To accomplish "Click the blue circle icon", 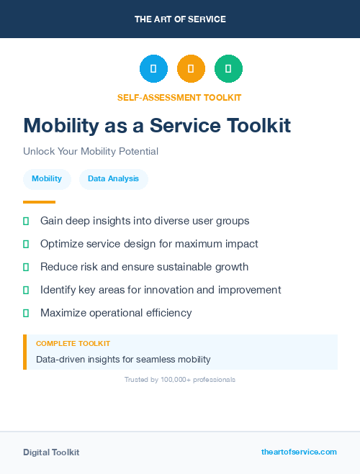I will [x=153, y=69].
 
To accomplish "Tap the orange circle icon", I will [x=191, y=69].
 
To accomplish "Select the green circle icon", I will [x=228, y=69].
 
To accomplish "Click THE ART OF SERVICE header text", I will [x=180, y=19].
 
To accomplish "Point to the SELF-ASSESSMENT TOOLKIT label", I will [x=179, y=97].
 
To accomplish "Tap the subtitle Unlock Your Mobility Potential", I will [x=91, y=152].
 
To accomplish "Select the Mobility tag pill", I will [x=47, y=179].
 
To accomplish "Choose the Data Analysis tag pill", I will [x=113, y=179].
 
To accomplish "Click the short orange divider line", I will [x=39, y=202].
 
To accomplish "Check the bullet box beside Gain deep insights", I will [x=26, y=221].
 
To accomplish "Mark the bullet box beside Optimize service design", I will [x=26, y=244].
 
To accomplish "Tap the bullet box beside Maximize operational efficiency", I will [x=26, y=313].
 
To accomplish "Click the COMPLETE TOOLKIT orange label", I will [x=73, y=344].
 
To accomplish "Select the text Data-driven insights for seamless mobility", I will [x=123, y=359].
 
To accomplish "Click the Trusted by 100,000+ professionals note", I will [x=180, y=379].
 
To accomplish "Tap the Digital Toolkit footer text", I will [x=51, y=452].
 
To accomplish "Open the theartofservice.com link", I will [x=299, y=452].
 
